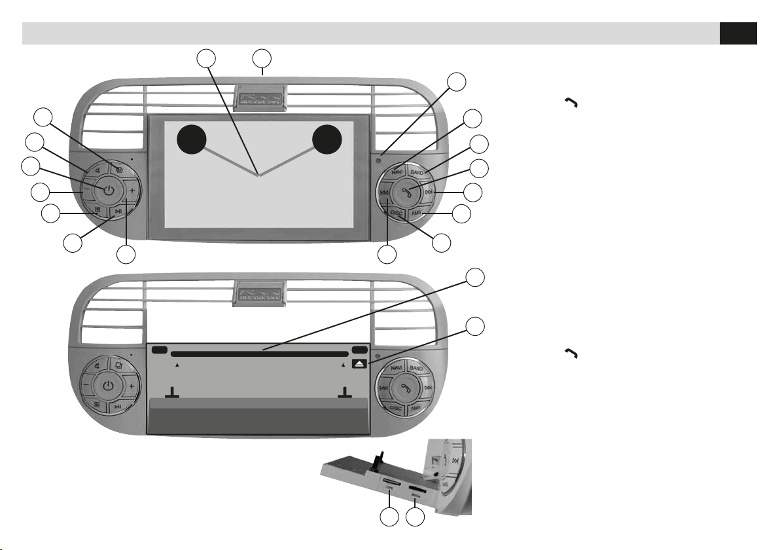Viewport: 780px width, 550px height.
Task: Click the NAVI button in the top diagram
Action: [397, 172]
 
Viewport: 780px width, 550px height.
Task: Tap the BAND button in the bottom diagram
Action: [417, 369]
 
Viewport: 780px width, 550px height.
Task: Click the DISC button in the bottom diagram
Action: [397, 407]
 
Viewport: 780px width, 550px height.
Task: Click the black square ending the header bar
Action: [738, 33]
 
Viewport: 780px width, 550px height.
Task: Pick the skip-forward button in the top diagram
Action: [429, 192]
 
